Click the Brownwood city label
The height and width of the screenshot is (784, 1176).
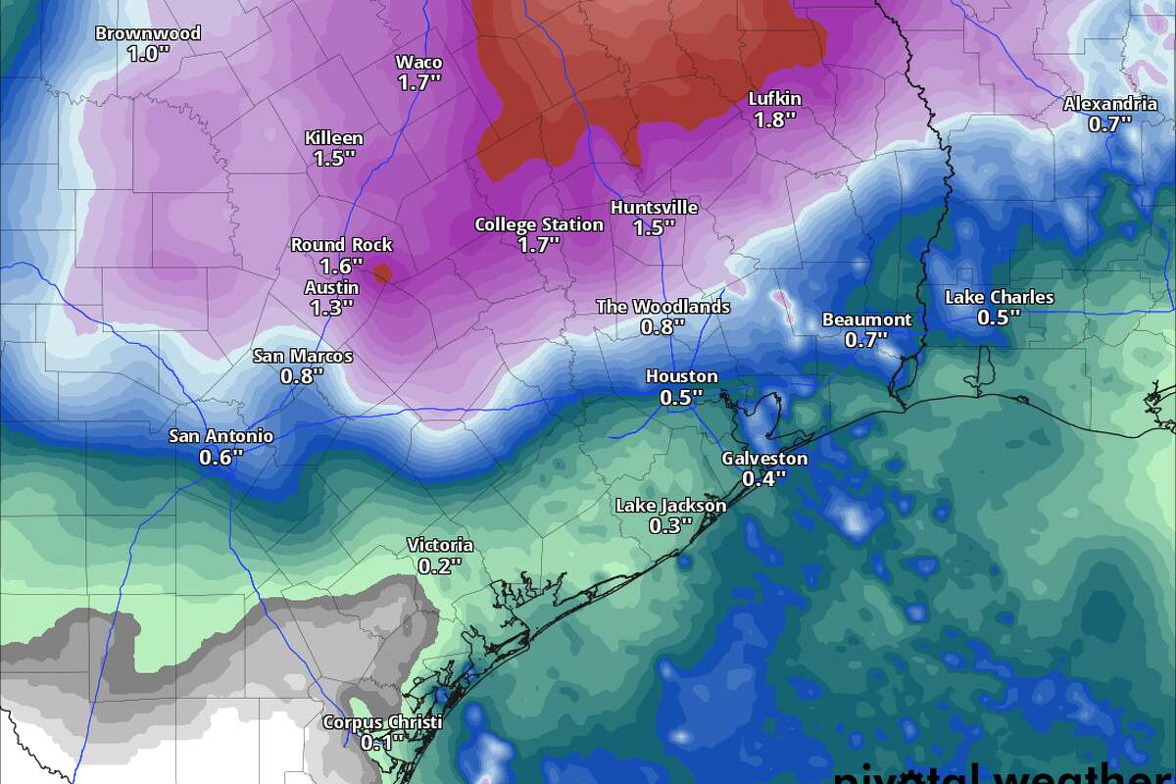[x=148, y=34]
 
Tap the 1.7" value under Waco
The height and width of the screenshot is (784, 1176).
[x=418, y=83]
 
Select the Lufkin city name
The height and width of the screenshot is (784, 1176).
[x=774, y=99]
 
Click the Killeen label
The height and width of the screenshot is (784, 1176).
[x=333, y=139]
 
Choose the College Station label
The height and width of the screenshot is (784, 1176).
[x=539, y=224]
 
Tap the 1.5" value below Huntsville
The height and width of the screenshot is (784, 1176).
[x=654, y=228]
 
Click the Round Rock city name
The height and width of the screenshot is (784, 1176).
[x=341, y=245]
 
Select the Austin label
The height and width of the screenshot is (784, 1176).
[x=331, y=288]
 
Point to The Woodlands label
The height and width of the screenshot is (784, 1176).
[x=663, y=307]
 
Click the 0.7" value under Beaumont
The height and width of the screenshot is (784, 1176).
[x=866, y=340]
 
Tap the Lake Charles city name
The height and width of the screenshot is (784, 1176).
[x=1000, y=297]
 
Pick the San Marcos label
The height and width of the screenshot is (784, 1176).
[x=303, y=357]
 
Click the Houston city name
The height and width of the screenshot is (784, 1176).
[x=681, y=376]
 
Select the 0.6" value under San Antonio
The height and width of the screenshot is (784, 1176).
[x=220, y=458]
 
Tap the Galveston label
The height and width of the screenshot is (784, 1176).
[x=764, y=459]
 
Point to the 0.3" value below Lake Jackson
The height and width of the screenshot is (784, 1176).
[x=670, y=526]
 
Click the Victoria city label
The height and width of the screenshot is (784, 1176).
[x=440, y=546]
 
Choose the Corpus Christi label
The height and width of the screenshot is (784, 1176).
[x=382, y=722]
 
